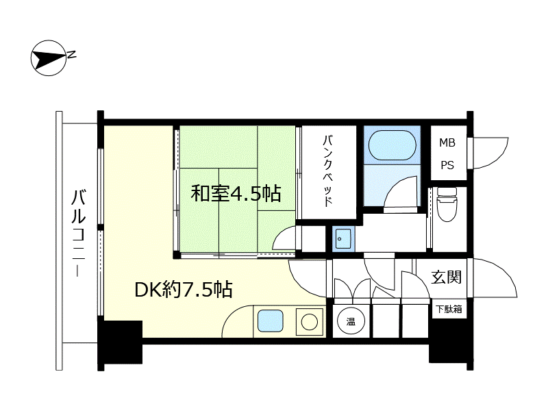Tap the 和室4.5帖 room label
tap(236, 194)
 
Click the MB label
tap(447, 143)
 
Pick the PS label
tap(447, 165)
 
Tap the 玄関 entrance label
tap(446, 277)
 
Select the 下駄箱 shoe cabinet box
tap(449, 309)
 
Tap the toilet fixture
tap(447, 203)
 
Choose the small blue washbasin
tap(343, 239)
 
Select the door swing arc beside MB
tap(487, 152)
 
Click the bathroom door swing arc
tap(401, 192)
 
